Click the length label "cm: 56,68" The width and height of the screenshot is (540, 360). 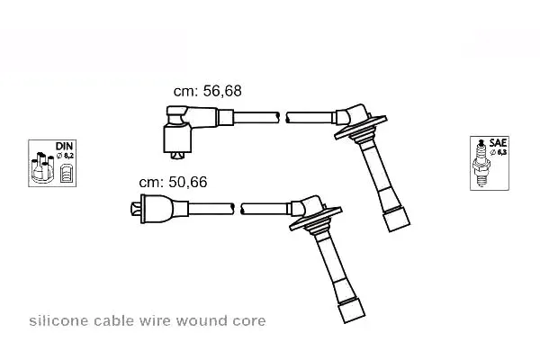(x=207, y=91)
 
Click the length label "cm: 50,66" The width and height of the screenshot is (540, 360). (x=173, y=182)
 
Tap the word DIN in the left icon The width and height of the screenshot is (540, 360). (x=65, y=146)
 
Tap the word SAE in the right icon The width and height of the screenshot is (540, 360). (x=498, y=142)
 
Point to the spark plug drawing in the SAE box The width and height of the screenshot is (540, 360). (x=481, y=163)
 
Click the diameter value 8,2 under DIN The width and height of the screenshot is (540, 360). (x=68, y=156)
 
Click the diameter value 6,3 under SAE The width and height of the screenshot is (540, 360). (x=502, y=152)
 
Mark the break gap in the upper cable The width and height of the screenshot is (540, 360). (x=283, y=118)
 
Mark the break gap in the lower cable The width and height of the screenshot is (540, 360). (x=238, y=209)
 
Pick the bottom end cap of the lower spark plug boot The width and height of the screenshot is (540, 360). (x=352, y=310)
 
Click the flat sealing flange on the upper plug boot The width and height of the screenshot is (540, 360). (x=361, y=128)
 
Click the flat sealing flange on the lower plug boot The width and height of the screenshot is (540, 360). (x=316, y=219)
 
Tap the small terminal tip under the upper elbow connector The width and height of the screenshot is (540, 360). (x=177, y=156)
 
